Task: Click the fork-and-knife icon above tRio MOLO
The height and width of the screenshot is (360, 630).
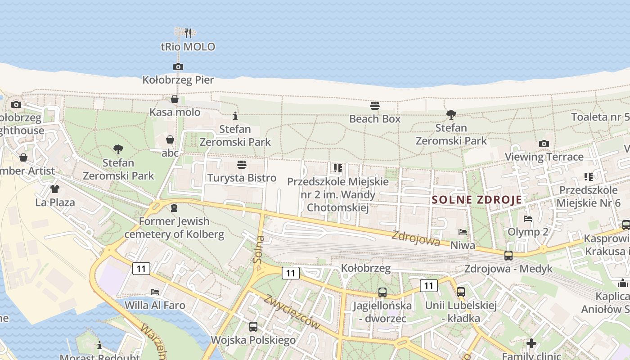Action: (188, 33)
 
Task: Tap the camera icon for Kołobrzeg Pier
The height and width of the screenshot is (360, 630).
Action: (178, 67)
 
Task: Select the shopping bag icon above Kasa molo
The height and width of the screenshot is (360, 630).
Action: (175, 99)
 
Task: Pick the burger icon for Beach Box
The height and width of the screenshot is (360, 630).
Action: (375, 106)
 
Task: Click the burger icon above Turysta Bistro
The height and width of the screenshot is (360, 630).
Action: (242, 165)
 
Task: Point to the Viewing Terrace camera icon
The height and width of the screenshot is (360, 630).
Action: (544, 144)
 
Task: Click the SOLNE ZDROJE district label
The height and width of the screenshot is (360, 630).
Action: (477, 200)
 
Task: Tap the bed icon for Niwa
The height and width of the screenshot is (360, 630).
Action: (463, 232)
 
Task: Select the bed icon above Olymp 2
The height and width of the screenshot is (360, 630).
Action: (528, 219)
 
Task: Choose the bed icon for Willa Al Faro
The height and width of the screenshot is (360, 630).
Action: (155, 292)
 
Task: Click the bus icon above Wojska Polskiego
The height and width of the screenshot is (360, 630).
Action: (253, 327)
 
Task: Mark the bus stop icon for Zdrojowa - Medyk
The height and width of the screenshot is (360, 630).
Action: (508, 256)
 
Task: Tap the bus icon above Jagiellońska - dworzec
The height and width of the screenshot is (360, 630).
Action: (382, 292)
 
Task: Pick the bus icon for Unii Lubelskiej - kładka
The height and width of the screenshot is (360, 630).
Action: (461, 292)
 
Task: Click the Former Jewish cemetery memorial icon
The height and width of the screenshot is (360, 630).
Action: (174, 208)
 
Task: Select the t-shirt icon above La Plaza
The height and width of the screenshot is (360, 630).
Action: (55, 189)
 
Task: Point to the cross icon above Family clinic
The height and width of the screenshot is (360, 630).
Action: (531, 343)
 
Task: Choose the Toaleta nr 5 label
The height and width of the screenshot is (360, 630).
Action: (600, 117)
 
